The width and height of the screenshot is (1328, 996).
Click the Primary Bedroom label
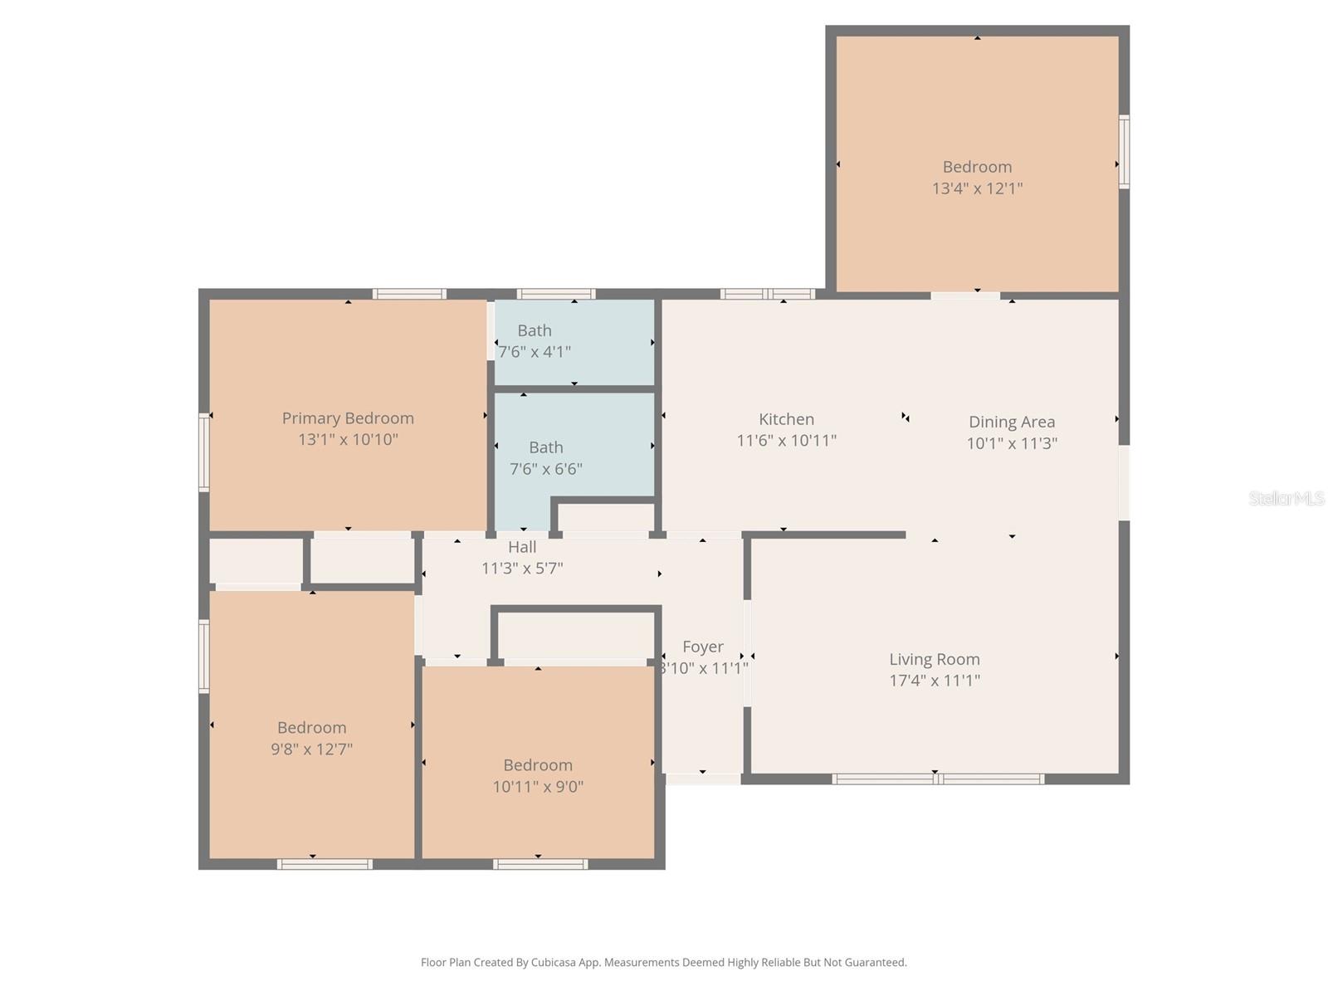(x=348, y=418)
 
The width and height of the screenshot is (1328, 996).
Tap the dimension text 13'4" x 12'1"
(x=977, y=188)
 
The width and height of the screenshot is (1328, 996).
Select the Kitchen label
(x=786, y=419)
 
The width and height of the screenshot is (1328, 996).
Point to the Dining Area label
(x=1012, y=422)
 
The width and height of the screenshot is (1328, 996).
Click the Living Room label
(x=935, y=659)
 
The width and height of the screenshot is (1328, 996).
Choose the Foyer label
(x=703, y=647)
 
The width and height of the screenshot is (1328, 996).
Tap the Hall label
(x=522, y=547)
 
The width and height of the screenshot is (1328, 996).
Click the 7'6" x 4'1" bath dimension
(x=535, y=352)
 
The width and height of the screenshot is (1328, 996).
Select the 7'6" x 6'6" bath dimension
(x=545, y=469)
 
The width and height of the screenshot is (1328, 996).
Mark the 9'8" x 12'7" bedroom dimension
(x=311, y=749)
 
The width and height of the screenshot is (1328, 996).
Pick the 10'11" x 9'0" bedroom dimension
(x=538, y=787)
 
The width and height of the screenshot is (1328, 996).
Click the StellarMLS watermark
(x=1286, y=498)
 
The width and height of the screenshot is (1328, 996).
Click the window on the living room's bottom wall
(x=938, y=779)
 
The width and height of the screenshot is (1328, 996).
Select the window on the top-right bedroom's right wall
(x=1124, y=152)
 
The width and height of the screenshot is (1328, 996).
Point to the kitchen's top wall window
(x=767, y=294)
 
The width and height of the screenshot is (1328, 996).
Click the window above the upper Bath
(x=555, y=294)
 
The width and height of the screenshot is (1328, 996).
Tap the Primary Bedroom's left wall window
(x=204, y=452)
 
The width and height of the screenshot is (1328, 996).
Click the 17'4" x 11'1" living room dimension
(x=935, y=681)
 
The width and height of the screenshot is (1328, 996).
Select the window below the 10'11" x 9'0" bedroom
(x=540, y=864)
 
